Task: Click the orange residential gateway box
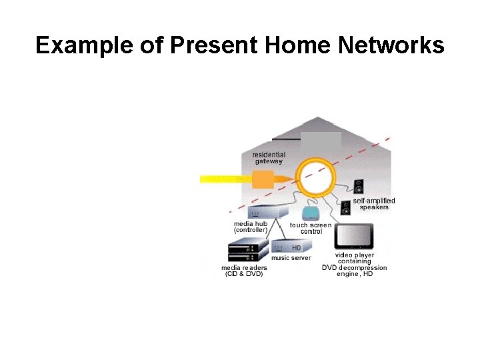click(263, 179)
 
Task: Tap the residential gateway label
click(269, 158)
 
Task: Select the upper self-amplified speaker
click(359, 187)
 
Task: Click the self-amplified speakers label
click(374, 204)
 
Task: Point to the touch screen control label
click(311, 229)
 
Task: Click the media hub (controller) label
click(251, 227)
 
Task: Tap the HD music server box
click(291, 247)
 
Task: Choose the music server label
click(291, 258)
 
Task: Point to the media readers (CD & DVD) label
click(244, 271)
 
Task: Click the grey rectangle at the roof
click(321, 142)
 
